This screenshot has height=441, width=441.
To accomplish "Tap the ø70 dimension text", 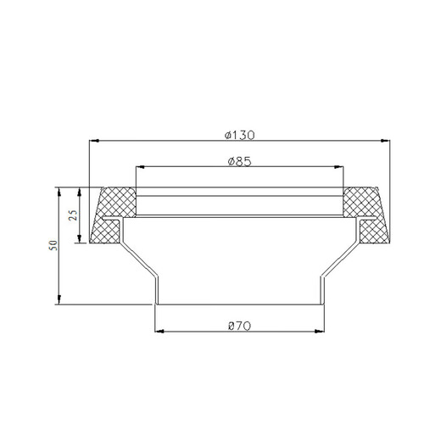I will [x=238, y=325].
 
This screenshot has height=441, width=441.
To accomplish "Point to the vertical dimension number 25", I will [x=74, y=215].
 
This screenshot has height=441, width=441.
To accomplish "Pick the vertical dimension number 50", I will [x=53, y=245].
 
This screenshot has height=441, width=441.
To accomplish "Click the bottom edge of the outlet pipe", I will [x=239, y=304].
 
